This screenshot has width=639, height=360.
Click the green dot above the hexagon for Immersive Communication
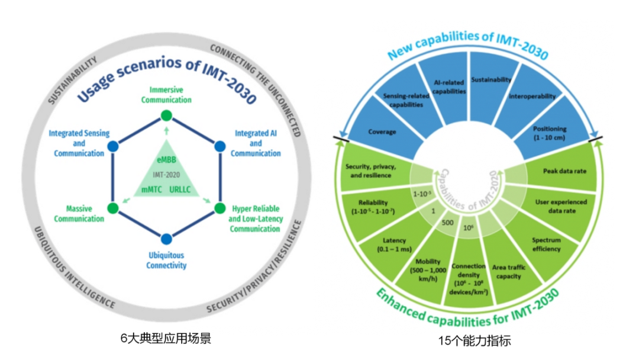tap(166, 115)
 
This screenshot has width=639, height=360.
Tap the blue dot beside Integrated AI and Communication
tap(220, 146)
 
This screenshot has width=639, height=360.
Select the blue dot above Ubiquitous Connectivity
tap(166, 239)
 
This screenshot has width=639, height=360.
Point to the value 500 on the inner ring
tap(448, 223)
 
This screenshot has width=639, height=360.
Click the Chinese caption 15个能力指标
tap(474, 340)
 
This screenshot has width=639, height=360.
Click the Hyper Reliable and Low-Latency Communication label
tap(256, 219)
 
